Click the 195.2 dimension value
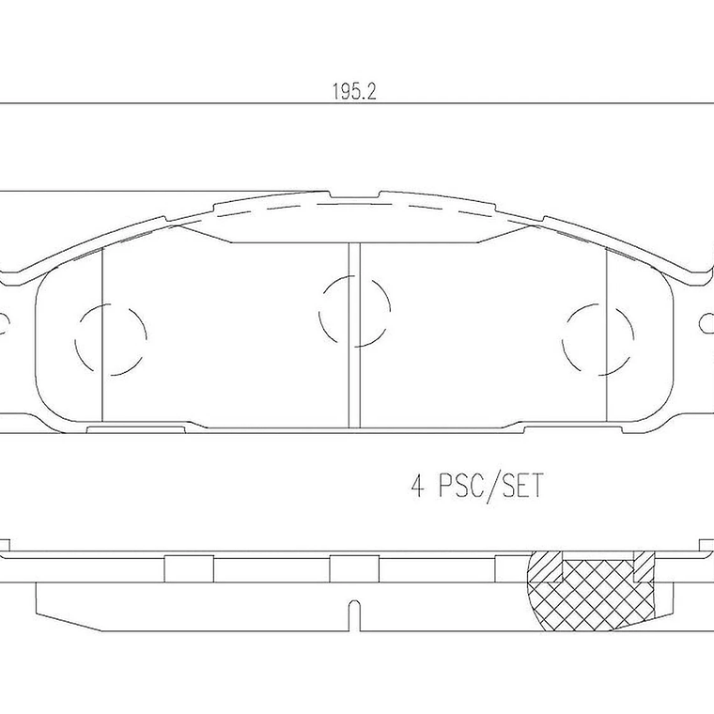point(348,92)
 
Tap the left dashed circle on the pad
point(111,335)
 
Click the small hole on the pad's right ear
point(707,324)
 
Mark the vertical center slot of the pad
point(354,334)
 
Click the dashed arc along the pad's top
point(357,206)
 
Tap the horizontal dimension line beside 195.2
point(188,101)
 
